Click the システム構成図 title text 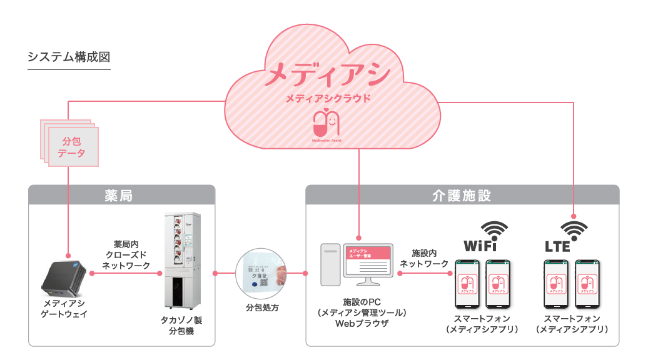[69, 57]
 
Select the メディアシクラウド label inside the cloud [327, 98]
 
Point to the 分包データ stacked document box [71, 145]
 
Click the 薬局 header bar [121, 194]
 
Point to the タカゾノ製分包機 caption [181, 324]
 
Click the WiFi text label [480, 244]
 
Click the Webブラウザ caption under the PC [362, 324]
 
